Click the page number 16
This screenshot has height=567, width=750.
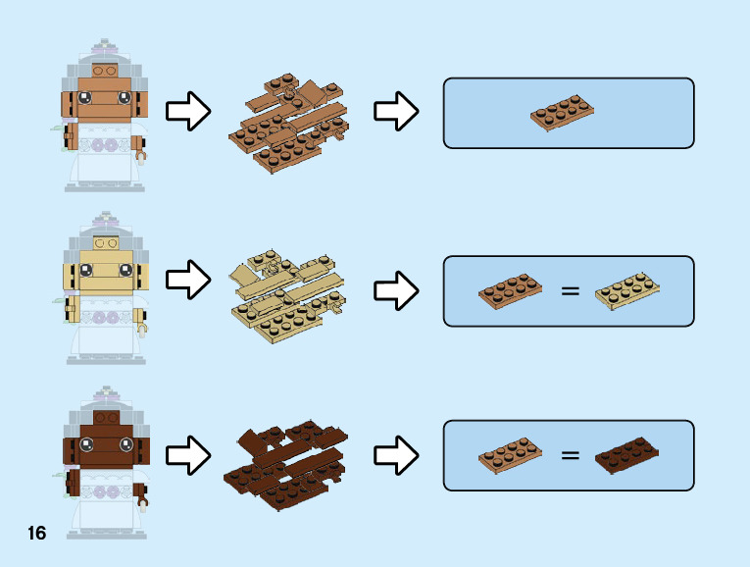36,534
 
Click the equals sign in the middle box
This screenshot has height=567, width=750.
570,291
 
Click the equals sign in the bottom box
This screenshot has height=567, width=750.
570,455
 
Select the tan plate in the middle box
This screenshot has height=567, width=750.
627,289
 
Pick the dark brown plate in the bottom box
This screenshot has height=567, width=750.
626,455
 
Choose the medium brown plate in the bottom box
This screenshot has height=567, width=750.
511,455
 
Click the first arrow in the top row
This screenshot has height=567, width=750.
187,113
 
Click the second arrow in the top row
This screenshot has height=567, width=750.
396,113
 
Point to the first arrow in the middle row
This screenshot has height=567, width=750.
187,282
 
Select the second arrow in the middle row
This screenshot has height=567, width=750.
396,290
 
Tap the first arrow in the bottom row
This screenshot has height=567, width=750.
187,455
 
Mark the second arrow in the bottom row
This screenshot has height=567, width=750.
396,455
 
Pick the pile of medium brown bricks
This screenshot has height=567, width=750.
291,121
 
